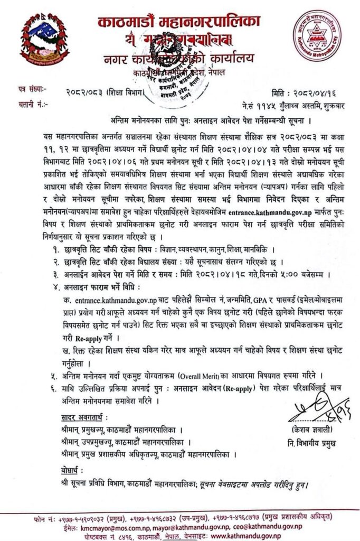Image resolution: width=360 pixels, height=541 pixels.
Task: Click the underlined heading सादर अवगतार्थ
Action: point(80,418)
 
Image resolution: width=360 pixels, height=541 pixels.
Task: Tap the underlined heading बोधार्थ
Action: point(65,470)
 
